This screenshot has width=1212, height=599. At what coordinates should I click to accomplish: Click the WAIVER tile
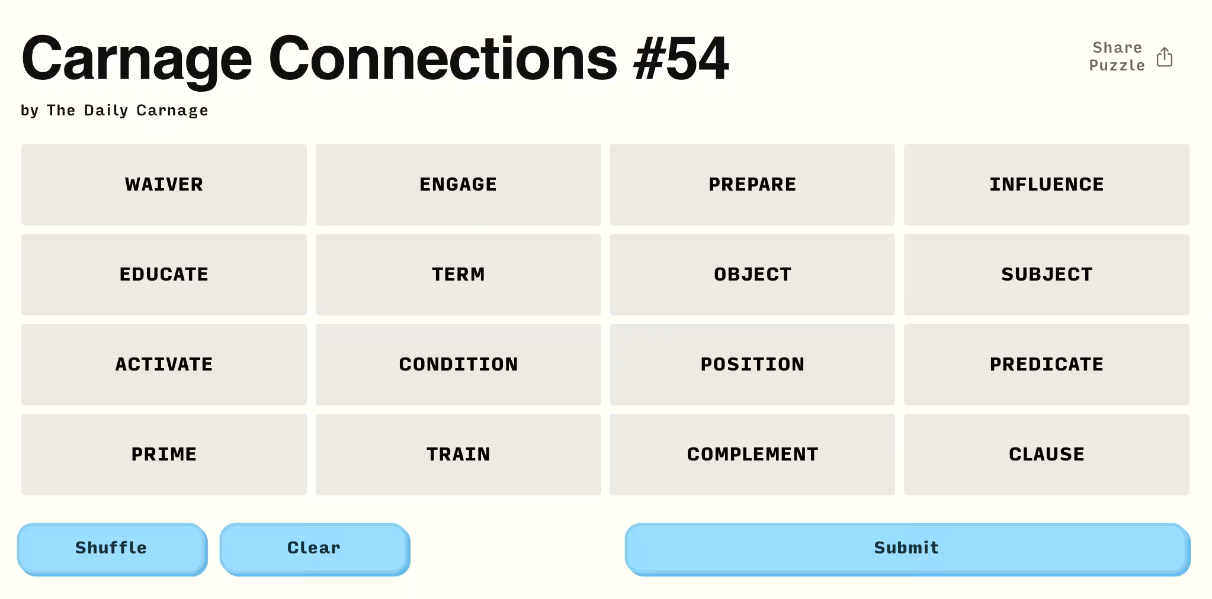pos(164,185)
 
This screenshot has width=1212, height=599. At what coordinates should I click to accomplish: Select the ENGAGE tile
pos(458,185)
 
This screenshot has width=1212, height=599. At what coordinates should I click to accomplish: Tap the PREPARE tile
pos(752,185)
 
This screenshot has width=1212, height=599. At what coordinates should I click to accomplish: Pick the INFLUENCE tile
pos(1047,185)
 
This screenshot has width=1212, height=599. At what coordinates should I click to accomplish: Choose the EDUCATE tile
pos(164,275)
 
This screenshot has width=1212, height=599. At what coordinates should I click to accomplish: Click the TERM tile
pos(458,275)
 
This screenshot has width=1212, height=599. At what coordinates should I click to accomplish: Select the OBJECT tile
pos(752,275)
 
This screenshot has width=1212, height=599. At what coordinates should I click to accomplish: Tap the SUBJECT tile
pos(1047,275)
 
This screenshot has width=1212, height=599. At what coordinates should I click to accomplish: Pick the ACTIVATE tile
pos(164,365)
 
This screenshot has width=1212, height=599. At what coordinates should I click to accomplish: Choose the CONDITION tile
pos(458,365)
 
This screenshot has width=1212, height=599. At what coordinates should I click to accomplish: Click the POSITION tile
pos(752,365)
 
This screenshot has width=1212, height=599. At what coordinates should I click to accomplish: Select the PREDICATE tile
pos(1047,365)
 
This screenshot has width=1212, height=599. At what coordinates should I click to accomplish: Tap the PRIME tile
pos(164,455)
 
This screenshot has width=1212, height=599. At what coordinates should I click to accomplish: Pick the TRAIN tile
pos(458,455)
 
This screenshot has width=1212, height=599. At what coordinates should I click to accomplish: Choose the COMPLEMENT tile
pos(752,455)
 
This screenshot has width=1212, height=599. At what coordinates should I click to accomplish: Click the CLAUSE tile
pos(1047,455)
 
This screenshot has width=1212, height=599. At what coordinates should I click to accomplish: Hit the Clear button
pos(315,549)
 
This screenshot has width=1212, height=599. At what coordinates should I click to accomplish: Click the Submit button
pos(907,549)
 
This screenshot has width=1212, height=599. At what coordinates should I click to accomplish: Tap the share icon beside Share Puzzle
pos(1165,57)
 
